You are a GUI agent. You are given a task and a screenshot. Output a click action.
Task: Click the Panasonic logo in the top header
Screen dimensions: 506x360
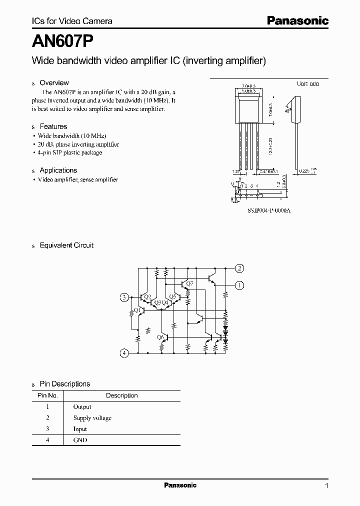point(297,20)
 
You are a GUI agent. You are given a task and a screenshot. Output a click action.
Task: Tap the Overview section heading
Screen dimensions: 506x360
point(54,83)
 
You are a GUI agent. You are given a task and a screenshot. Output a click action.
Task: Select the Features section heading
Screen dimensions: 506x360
point(53,126)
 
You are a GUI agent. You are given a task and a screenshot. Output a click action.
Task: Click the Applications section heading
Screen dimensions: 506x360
point(58,170)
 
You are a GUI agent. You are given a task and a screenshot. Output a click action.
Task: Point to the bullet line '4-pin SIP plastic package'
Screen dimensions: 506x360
point(70,152)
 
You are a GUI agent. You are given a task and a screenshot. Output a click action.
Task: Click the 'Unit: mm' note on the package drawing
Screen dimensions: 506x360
point(307,83)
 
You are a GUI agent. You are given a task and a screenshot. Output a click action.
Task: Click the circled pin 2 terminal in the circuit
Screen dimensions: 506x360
point(240,268)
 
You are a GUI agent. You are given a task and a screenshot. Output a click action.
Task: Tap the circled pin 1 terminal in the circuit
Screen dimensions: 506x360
point(240,285)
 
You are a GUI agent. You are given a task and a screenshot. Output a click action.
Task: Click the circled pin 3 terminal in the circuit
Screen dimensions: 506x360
point(124,298)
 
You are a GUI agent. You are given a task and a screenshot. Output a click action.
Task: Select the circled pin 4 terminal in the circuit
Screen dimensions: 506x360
point(124,353)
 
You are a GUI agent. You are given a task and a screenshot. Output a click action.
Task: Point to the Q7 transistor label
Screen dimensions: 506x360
point(189,284)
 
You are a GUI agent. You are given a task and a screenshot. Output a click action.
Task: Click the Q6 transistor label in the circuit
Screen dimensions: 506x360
point(160,337)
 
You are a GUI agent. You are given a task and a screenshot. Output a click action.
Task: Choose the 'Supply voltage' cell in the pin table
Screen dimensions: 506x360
point(92,418)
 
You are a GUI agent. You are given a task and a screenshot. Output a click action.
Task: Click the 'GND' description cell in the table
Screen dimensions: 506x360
point(80,440)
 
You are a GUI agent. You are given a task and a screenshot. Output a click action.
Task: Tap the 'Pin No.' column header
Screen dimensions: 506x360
point(48,395)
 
